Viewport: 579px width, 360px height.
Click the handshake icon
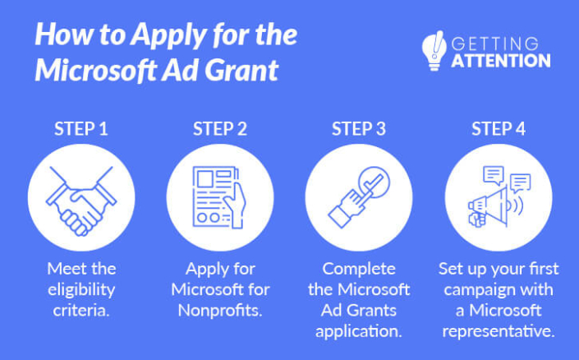[81, 199]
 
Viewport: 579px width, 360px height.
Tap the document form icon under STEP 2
[220, 199]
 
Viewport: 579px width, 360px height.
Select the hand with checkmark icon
[359, 199]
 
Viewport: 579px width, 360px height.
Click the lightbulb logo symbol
[433, 51]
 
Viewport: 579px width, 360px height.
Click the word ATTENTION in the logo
[501, 60]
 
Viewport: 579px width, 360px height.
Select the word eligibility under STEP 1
[81, 290]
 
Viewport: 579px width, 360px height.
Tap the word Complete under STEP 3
[359, 269]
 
